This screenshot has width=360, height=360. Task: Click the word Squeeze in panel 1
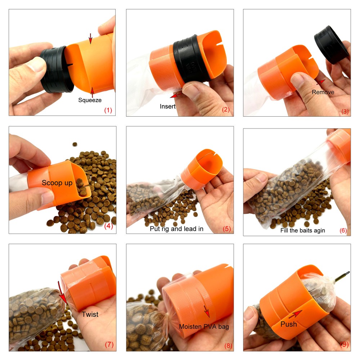coord(90,100)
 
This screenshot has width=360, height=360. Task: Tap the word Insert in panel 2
coord(168,106)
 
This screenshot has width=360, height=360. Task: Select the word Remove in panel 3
coord(323,92)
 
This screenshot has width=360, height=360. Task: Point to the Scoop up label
coord(57,183)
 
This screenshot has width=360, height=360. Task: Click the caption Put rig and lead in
coord(176,229)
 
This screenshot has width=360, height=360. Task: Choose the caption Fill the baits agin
coord(303,230)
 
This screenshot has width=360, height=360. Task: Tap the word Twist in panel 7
coord(90,314)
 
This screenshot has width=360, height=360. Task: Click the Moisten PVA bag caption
coord(204,327)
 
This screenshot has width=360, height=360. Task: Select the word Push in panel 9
coord(289,324)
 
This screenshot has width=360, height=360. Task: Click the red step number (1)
coord(108,110)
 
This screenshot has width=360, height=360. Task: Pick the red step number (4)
coord(109,226)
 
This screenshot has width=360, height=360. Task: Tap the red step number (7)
coord(109,345)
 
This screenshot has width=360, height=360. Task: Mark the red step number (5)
coord(226,229)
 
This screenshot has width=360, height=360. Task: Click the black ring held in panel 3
coord(331,44)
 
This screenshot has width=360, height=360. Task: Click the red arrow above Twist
coord(63,293)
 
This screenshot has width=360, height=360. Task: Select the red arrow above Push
coord(295,314)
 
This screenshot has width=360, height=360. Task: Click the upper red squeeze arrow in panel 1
coord(90,39)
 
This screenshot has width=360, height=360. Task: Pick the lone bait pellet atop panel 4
coord(75,144)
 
